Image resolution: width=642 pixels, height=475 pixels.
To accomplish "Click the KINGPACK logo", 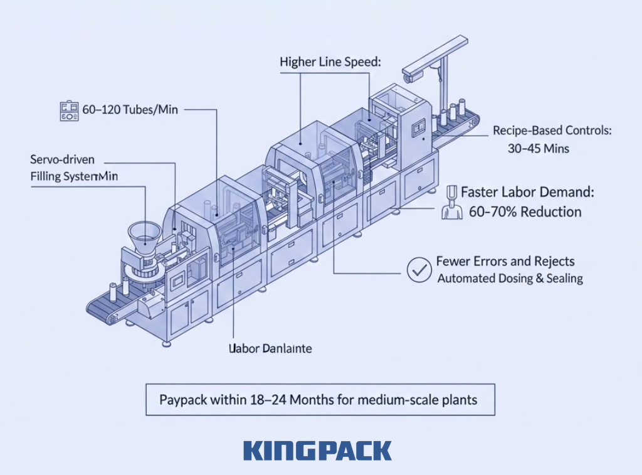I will [x=317, y=451].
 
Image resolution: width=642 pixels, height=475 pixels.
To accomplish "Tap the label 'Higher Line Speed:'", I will [x=330, y=62].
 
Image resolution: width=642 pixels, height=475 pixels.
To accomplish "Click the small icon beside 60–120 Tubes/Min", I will [x=69, y=110].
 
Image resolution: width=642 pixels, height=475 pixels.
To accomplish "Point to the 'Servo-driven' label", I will [x=63, y=160].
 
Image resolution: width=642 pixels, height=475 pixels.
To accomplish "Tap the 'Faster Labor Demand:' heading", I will [x=527, y=193].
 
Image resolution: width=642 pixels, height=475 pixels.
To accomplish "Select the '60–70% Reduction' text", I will [x=525, y=211].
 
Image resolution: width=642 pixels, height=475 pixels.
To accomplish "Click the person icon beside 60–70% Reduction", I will [x=451, y=203].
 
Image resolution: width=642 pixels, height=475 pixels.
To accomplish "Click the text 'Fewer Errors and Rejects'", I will [x=505, y=262].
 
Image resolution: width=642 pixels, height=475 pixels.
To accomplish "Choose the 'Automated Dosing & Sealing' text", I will [x=510, y=278].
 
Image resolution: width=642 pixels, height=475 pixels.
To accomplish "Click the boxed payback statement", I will [x=320, y=399].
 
